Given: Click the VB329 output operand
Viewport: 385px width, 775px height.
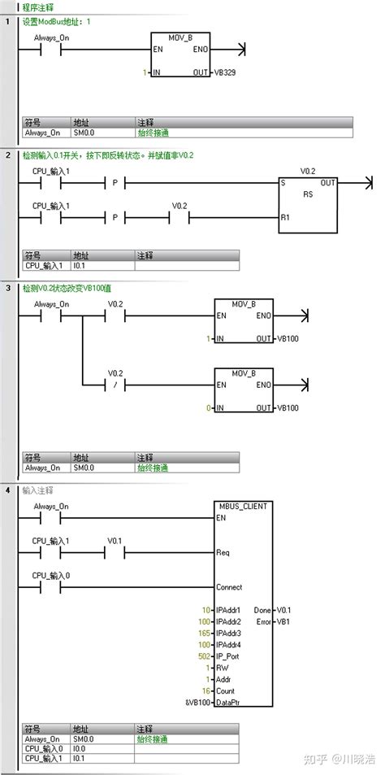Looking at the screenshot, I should point(224,72).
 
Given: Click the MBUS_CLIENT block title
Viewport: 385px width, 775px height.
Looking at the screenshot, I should point(241,505).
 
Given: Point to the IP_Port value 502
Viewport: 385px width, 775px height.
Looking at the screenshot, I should point(203,655).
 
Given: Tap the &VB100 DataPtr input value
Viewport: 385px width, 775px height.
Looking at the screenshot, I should point(197,702).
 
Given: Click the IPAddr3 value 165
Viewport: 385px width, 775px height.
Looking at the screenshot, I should point(203,632).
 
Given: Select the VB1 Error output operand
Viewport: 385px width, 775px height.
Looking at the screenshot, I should point(283,621).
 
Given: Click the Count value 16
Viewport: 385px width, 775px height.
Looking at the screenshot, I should point(205,690).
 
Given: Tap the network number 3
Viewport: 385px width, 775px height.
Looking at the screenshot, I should point(7,289).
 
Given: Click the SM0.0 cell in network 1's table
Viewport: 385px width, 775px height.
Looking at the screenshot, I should point(84,131).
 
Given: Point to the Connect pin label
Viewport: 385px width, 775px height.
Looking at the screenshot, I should point(229,586).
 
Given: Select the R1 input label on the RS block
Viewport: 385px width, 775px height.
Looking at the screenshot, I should point(286,218).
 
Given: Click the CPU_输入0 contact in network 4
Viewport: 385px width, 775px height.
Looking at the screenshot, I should point(50,586).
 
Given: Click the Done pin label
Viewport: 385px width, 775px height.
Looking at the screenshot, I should point(262,609).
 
